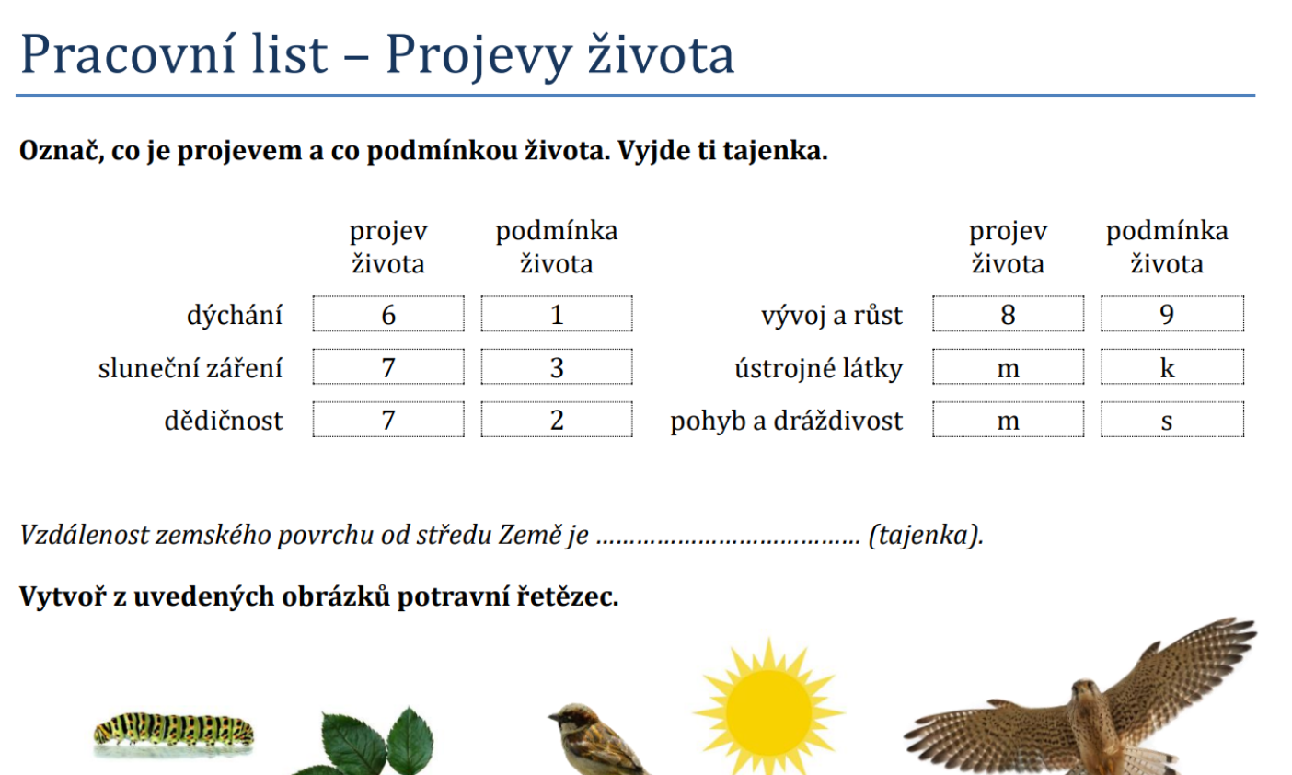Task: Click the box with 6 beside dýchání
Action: [388, 314]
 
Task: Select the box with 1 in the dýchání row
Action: [557, 314]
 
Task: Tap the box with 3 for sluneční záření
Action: [557, 367]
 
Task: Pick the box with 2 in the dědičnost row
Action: [557, 420]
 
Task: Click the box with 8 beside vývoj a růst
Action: [1008, 314]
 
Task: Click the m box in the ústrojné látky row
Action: [1008, 367]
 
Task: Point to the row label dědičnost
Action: [224, 421]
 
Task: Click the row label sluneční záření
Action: [190, 368]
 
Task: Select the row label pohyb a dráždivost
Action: [787, 421]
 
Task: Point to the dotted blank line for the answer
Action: [727, 538]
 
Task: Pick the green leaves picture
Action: [368, 744]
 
